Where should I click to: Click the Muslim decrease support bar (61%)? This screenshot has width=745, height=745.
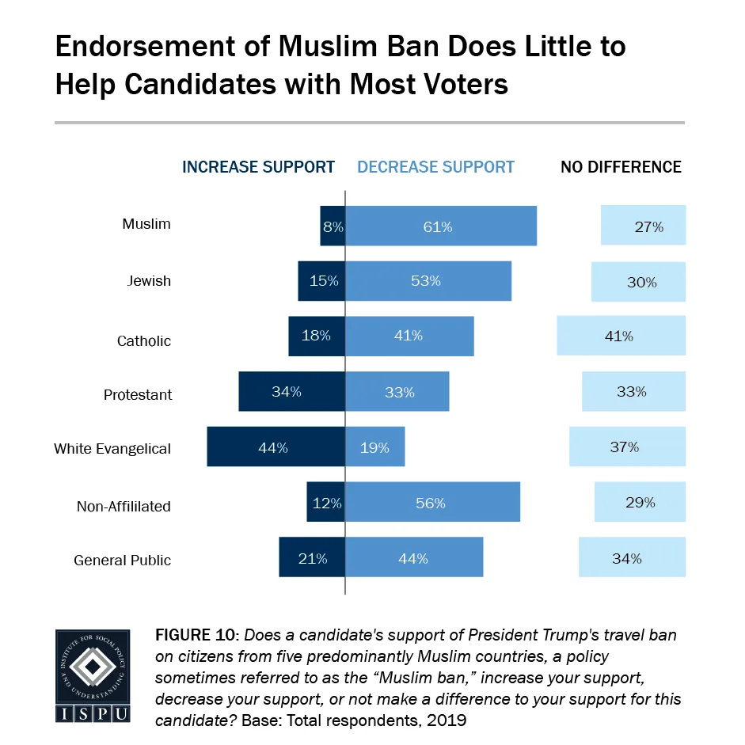(441, 226)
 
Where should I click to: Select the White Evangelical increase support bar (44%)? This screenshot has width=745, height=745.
(276, 447)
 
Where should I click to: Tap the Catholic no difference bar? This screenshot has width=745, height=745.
(621, 336)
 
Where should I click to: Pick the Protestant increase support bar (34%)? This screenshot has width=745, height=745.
(291, 391)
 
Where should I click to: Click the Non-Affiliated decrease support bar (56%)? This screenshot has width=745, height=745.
(432, 502)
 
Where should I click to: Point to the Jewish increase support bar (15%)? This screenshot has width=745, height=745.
(321, 280)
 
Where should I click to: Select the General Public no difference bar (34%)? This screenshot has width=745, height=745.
(632, 557)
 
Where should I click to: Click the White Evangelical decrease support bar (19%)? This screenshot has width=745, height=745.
(374, 447)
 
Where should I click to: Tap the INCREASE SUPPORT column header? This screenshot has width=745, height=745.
(258, 167)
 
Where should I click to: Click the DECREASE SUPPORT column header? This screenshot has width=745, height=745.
(435, 167)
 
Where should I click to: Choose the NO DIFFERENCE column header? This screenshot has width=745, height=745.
(621, 167)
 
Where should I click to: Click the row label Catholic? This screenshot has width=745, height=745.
(144, 341)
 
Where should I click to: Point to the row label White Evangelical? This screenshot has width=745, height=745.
(112, 449)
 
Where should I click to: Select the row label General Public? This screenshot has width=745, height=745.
(122, 561)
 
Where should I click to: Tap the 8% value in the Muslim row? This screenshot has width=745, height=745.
(333, 226)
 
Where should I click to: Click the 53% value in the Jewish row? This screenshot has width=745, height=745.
(428, 280)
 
